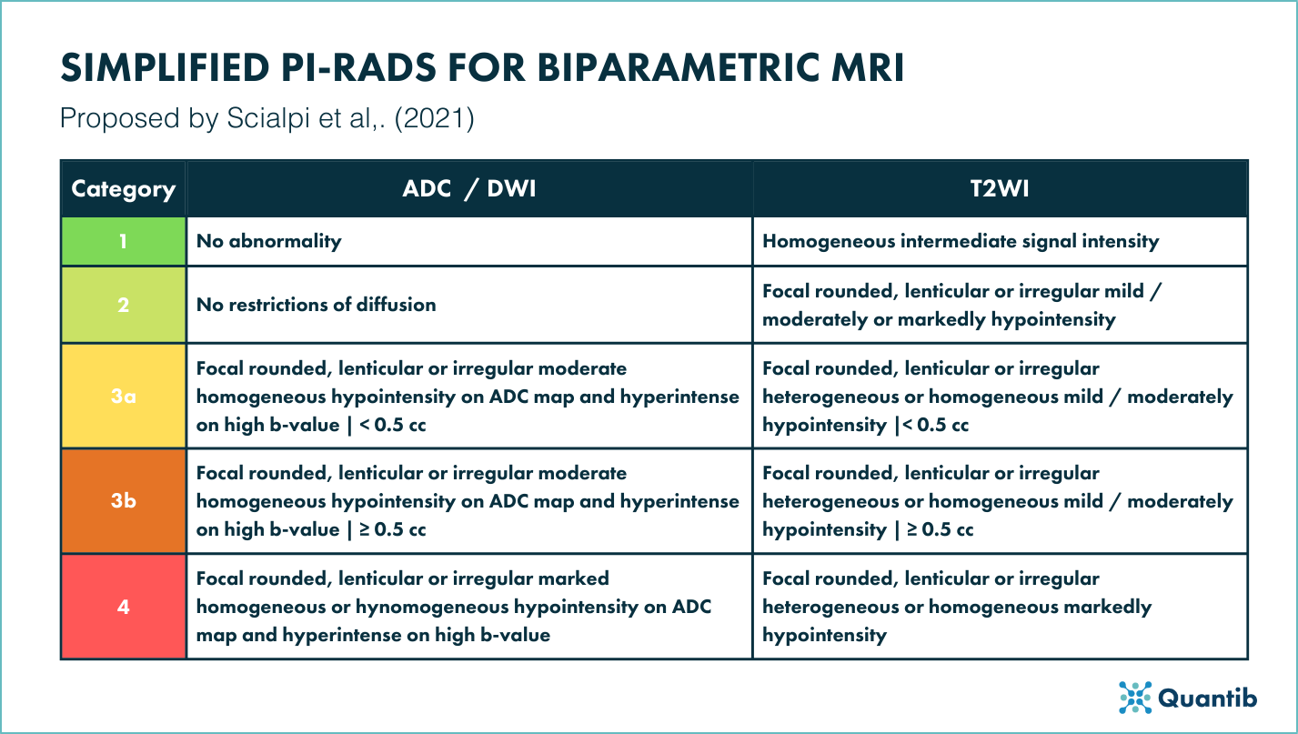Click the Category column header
123,189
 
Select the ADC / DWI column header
468,189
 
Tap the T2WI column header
999,189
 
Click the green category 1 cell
123,241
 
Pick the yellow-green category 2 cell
123,304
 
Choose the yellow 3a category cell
123,396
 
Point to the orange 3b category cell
123,500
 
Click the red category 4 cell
123,606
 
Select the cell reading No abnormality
269,241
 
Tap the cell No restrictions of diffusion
317,304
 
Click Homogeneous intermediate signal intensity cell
961,241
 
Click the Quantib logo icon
1134,697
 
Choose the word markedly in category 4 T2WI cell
1110,607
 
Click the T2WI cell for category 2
999,304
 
